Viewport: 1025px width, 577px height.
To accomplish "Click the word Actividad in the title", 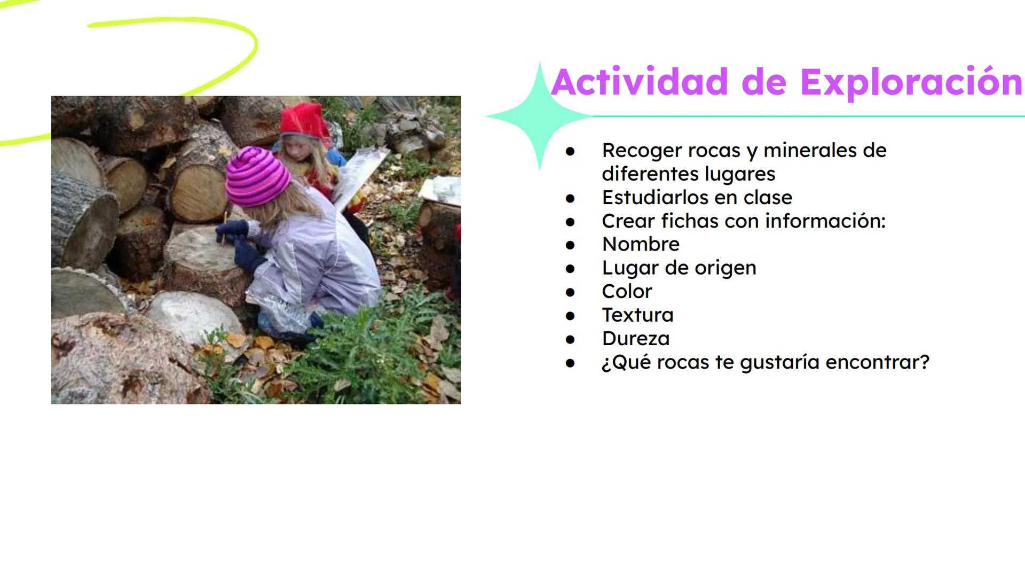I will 640,82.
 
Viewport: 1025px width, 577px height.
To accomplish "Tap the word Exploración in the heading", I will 911,82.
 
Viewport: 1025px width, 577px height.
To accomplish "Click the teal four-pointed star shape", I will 539,116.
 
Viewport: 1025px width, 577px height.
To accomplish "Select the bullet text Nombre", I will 641,244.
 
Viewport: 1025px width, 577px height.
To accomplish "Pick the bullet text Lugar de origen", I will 679,268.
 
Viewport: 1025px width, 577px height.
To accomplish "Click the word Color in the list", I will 627,291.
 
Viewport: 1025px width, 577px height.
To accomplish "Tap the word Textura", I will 637,315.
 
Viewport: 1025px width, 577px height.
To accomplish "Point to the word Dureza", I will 635,338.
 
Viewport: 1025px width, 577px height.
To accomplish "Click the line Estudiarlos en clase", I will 697,197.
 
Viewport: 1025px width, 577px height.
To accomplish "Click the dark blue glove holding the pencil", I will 232,230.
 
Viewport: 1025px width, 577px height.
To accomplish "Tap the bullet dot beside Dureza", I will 570,339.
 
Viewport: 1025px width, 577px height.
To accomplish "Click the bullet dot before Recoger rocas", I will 570,151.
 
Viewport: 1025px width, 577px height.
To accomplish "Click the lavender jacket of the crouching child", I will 315,256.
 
